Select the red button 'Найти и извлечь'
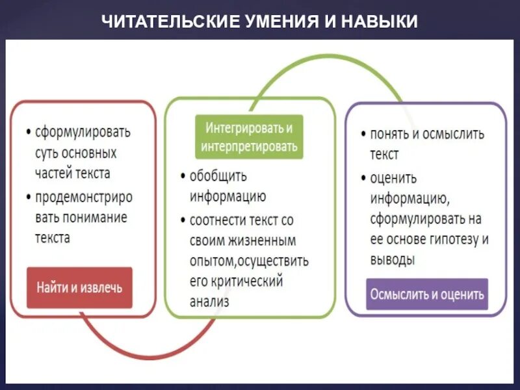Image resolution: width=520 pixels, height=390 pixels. [x=79, y=287]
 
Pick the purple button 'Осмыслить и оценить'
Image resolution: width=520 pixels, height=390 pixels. [x=427, y=294]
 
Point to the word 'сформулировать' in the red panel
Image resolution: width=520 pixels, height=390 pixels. [x=83, y=132]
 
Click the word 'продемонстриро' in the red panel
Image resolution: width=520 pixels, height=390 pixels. [x=83, y=196]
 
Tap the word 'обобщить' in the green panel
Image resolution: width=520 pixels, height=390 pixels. [x=218, y=176]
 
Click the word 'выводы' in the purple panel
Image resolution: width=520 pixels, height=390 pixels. [x=393, y=259]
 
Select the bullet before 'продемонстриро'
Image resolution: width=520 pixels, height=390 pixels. [x=28, y=196]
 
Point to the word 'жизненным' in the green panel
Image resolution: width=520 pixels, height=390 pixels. [x=261, y=240]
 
